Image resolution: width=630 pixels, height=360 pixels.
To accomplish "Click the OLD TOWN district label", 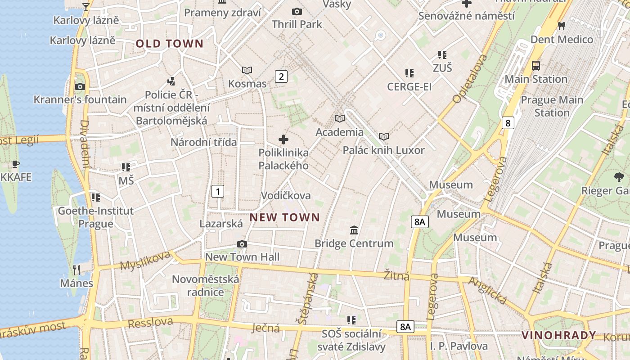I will pos(170,44).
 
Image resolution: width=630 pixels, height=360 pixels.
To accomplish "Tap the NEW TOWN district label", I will pos(285,218).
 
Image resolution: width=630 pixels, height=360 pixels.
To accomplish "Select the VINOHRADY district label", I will pos(559,335).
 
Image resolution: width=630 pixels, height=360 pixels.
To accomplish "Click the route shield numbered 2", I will pos(281,76).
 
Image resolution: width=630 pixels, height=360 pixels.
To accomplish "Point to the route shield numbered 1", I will pos(218,191).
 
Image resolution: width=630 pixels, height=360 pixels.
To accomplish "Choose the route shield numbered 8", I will pos(508,123).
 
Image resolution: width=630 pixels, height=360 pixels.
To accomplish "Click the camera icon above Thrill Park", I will pos(297,12).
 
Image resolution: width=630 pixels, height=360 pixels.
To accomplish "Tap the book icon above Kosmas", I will pos(247,70).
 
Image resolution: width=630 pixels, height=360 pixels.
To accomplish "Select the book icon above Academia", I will pos(340,119).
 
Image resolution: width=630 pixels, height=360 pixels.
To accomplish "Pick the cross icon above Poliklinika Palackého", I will pos(283,139).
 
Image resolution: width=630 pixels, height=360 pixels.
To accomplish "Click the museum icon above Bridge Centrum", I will pos(354,230).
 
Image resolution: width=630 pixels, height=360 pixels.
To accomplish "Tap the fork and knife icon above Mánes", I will pos(76,270).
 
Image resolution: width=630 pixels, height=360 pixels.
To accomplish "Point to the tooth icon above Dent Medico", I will pos(562,26).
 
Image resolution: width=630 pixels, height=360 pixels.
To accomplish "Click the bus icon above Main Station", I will pos(535,66).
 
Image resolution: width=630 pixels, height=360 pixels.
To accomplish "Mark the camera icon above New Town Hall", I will pos(242,244).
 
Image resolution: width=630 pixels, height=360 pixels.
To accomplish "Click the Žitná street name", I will pos(397,275).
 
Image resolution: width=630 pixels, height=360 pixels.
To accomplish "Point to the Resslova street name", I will pos(150,323).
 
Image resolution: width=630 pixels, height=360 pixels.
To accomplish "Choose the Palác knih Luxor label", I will pos(384,150).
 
